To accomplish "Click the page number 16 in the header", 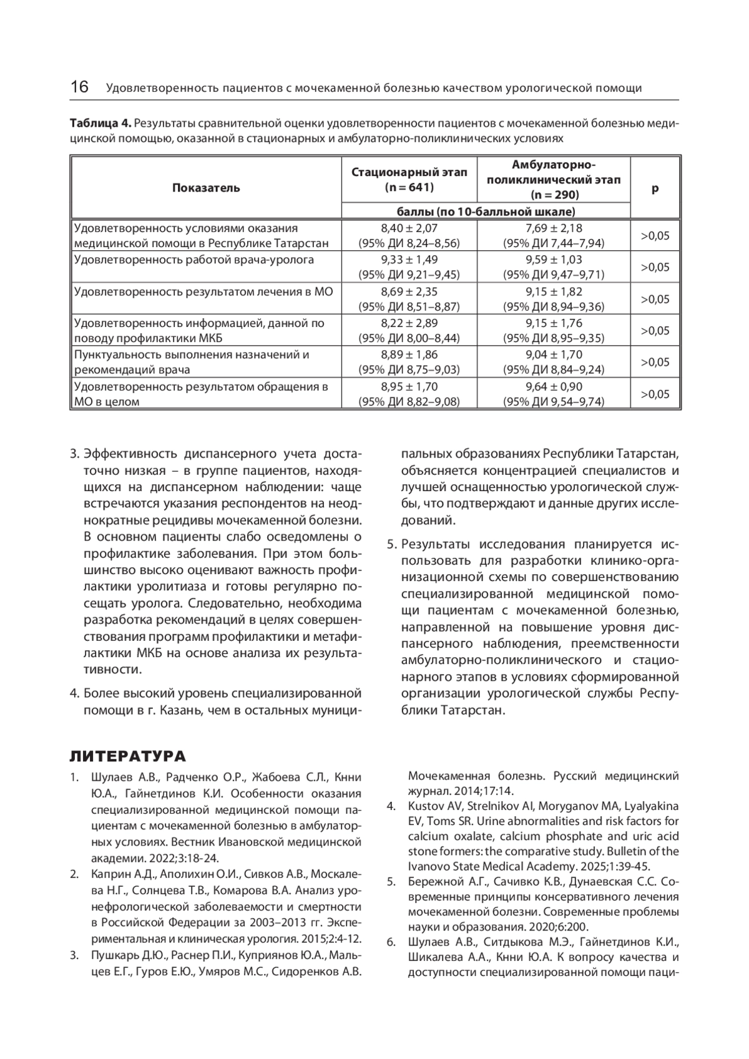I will (x=79, y=87).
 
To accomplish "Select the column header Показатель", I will (x=206, y=188).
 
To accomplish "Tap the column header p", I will (x=655, y=188).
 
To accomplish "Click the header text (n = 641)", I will (x=409, y=187).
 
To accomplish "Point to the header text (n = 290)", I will (x=553, y=195).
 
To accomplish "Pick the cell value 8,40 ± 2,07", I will (x=409, y=228).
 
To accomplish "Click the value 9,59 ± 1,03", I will (x=553, y=260).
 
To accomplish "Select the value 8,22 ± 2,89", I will (x=409, y=323).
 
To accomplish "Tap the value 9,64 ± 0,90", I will (x=553, y=387).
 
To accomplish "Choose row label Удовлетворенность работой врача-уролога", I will (x=194, y=260).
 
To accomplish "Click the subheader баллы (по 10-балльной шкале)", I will (x=486, y=212).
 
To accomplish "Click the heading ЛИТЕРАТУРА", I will (x=127, y=757).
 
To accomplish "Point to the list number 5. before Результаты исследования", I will (x=391, y=545).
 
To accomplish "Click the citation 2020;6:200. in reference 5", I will (x=558, y=927).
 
